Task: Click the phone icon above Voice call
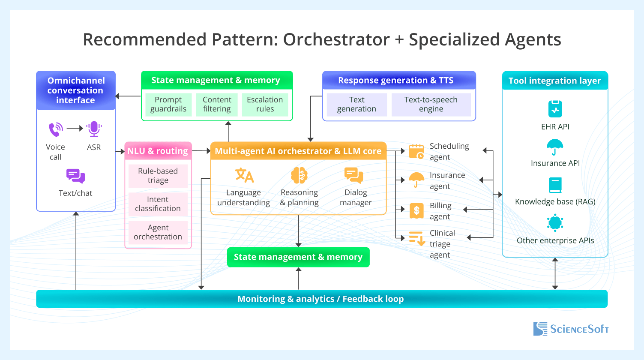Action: (x=56, y=129)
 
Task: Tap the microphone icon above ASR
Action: (x=94, y=129)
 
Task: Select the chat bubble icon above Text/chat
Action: (x=75, y=176)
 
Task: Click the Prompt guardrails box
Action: (x=168, y=105)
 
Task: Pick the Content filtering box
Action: (x=217, y=105)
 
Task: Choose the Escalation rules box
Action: (x=265, y=105)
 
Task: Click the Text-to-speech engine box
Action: (x=431, y=105)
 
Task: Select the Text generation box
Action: (x=356, y=105)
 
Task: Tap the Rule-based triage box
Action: (x=158, y=176)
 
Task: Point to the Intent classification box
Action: (x=158, y=204)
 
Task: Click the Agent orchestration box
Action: (x=158, y=232)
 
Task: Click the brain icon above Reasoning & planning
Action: (x=299, y=176)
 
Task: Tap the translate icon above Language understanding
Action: (x=244, y=176)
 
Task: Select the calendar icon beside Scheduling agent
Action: (x=416, y=152)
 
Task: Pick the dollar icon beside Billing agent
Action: (x=416, y=210)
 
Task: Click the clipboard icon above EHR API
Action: (x=555, y=109)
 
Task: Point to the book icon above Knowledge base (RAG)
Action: (x=555, y=185)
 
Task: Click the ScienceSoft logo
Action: (x=571, y=329)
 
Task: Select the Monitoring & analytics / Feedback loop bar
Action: (x=321, y=299)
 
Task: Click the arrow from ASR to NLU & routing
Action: (x=120, y=151)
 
